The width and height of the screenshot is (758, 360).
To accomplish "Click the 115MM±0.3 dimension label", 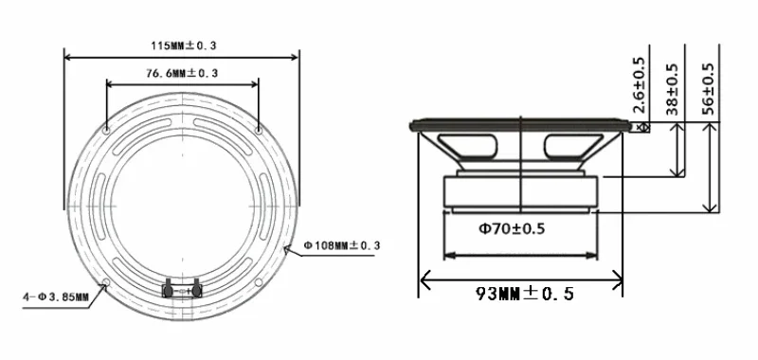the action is (183, 45).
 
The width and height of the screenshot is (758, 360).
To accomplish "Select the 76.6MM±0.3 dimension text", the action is (182, 74).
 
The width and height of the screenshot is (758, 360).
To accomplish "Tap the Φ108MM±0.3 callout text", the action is (342, 245).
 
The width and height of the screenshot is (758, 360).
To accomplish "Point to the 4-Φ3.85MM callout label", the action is (56, 297).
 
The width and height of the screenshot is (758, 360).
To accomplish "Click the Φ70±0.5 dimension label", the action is (512, 228).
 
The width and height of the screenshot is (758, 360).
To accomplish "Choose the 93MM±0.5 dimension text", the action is (525, 294).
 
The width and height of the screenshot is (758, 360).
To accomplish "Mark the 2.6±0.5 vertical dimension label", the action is (639, 85).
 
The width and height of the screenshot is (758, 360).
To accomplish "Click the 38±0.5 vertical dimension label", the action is (673, 89).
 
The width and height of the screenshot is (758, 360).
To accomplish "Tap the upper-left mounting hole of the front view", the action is (107, 131).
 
